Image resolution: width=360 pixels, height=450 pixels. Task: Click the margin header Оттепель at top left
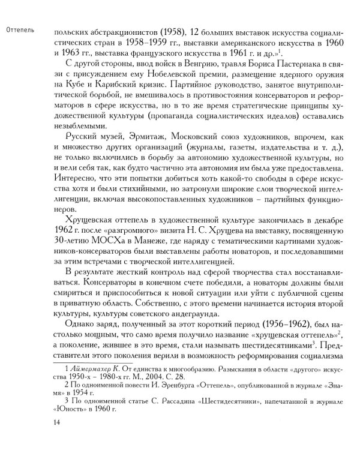[x=20, y=28]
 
